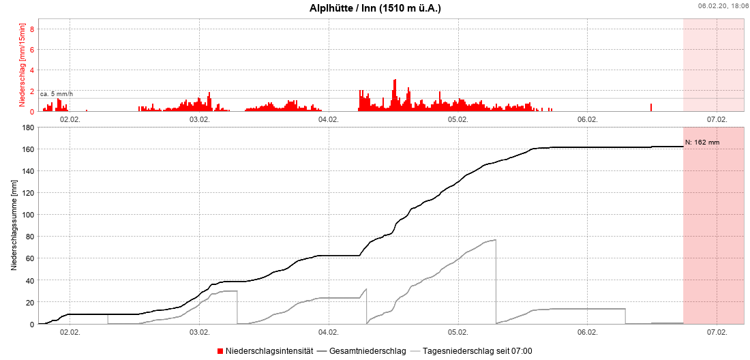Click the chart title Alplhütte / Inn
(375, 7)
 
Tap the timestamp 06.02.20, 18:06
(722, 5)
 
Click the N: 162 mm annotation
(702, 142)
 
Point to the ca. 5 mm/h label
(57, 93)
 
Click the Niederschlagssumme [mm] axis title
(14, 226)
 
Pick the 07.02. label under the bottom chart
(717, 332)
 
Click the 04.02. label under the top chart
(329, 119)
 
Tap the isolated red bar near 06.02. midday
(651, 107)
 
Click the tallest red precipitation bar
(395, 95)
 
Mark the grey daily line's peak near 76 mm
(495, 240)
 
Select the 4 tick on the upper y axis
(31, 70)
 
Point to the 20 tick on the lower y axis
(30, 302)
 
